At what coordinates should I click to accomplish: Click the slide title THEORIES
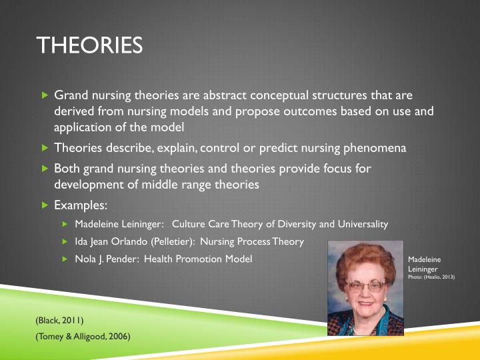point(90,45)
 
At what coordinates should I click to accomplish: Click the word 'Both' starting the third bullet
point(67,169)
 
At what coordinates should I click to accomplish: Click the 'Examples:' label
point(81,205)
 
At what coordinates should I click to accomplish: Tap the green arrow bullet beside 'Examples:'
point(45,205)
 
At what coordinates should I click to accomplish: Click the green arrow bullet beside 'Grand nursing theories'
point(45,96)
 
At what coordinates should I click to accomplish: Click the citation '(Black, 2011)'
point(59,321)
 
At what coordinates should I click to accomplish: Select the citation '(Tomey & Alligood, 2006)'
point(83,337)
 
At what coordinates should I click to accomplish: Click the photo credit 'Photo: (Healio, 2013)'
point(431,276)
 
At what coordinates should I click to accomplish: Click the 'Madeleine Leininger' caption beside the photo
point(424,264)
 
